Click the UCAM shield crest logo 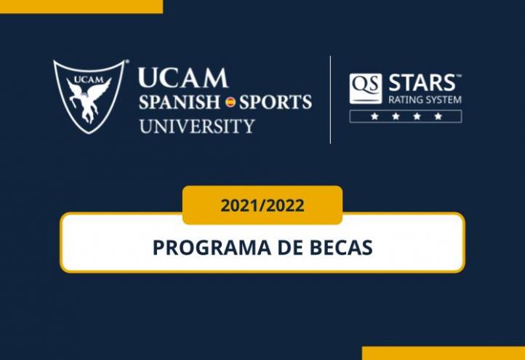(x=89, y=95)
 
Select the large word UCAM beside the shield (x=183, y=78)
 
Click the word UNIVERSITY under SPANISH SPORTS (x=196, y=125)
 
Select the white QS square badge (x=365, y=89)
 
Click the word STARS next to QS (x=424, y=82)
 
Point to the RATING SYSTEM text (x=425, y=100)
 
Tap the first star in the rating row (x=374, y=116)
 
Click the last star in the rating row (x=438, y=116)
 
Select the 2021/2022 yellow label (x=262, y=205)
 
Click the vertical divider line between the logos (x=331, y=100)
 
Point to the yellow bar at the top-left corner (x=81, y=6)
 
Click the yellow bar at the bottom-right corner (x=443, y=353)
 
